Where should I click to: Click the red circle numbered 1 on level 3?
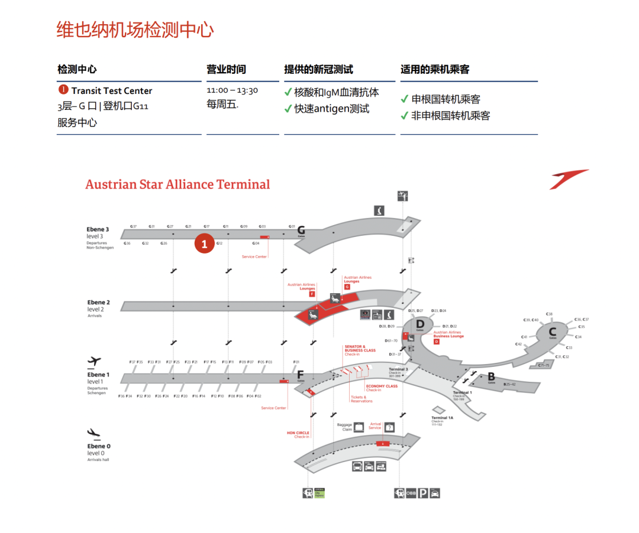coord(205,243)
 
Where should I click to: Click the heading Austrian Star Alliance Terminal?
coord(177,184)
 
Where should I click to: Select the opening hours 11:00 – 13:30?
coord(233,91)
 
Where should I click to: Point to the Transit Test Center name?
coord(112,91)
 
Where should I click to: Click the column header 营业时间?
coord(226,69)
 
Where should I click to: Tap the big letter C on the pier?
coord(552,331)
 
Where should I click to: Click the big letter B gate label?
coord(491,376)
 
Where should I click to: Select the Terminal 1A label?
coord(442,418)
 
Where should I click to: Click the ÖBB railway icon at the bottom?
coord(411,493)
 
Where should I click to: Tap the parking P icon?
coord(423,493)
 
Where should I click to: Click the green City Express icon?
coord(319,493)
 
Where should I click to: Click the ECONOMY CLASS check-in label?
coord(382,386)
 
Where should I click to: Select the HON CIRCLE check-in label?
coord(298,433)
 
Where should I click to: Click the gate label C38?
coord(549,314)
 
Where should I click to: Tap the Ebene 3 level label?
coord(98,229)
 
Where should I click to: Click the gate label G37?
coord(134,226)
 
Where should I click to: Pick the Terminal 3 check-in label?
coord(399,369)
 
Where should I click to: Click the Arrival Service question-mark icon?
coord(389,427)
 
